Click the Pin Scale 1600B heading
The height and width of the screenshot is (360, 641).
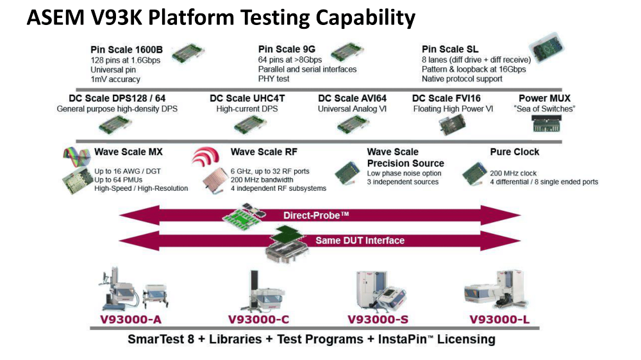(x=126, y=50)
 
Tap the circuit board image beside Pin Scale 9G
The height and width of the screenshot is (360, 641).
(x=347, y=52)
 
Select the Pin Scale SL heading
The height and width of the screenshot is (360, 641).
(x=450, y=49)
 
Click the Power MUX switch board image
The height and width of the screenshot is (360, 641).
(x=547, y=124)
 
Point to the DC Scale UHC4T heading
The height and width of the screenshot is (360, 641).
(x=247, y=99)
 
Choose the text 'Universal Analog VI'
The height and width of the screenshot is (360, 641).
(x=352, y=109)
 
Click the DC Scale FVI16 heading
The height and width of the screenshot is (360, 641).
(x=446, y=99)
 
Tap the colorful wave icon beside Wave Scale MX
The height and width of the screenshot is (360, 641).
(x=76, y=156)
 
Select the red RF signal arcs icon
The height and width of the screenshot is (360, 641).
(x=206, y=156)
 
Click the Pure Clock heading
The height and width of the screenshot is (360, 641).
(x=514, y=152)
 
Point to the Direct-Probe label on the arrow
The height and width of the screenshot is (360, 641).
(x=316, y=215)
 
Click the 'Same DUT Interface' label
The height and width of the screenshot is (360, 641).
(x=360, y=240)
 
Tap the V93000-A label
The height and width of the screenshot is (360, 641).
(x=131, y=320)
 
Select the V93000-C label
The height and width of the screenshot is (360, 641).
(x=258, y=320)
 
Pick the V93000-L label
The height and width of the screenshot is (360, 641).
(x=499, y=320)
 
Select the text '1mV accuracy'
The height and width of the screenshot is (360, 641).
(x=115, y=79)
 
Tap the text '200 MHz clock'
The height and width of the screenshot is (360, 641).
(x=513, y=173)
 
